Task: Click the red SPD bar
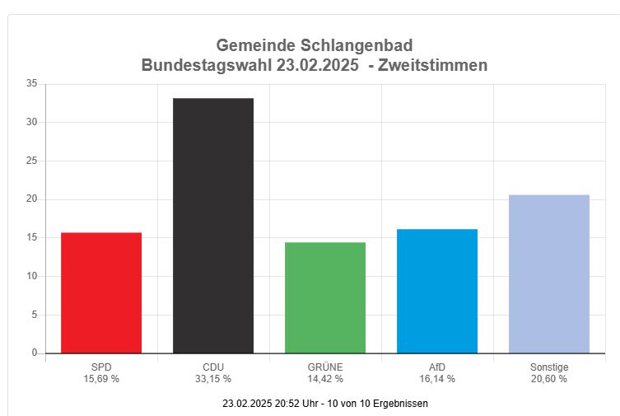click(x=101, y=292)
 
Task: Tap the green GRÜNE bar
click(x=325, y=297)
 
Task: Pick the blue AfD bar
click(x=437, y=291)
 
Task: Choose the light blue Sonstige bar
click(x=549, y=273)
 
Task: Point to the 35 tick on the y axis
click(x=31, y=84)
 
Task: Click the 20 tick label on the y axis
click(x=31, y=199)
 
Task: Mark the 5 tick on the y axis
click(x=34, y=315)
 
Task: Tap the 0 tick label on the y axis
click(x=34, y=353)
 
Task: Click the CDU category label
click(x=213, y=367)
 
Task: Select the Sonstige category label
click(x=549, y=367)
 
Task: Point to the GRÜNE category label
click(x=325, y=367)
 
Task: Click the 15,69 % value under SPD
click(x=101, y=379)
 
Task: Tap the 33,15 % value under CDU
click(x=213, y=379)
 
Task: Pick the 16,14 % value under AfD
click(x=437, y=379)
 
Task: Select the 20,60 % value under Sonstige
click(x=549, y=379)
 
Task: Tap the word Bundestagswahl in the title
click(x=207, y=65)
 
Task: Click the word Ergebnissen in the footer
click(x=398, y=404)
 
